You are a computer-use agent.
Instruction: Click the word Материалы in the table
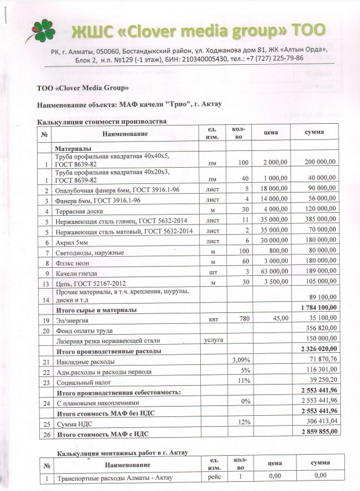[74, 149]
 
